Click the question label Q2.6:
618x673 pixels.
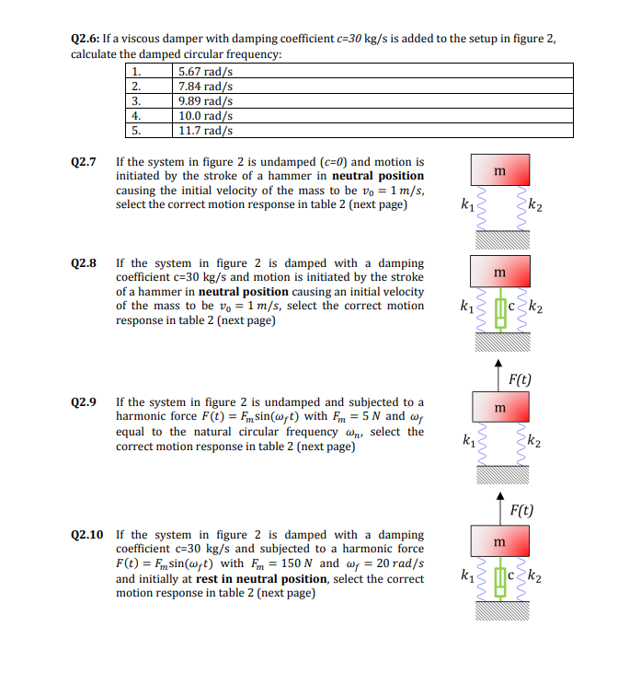pos(85,39)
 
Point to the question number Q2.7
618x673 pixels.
pos(83,162)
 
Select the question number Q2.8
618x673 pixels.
pos(83,263)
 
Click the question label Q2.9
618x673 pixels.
pos(83,402)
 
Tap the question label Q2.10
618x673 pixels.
pos(86,535)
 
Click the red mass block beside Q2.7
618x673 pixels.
pos(500,170)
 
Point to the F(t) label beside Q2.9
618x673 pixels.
pos(520,379)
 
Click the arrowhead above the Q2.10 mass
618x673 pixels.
pos(500,495)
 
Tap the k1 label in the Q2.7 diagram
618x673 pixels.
pos(467,204)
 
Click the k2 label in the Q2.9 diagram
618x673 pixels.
pos(534,441)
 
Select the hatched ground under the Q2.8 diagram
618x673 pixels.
pos(503,342)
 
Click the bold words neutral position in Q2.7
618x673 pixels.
pos(378,176)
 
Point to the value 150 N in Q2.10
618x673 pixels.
pos(296,563)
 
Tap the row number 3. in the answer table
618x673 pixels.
pos(136,101)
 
